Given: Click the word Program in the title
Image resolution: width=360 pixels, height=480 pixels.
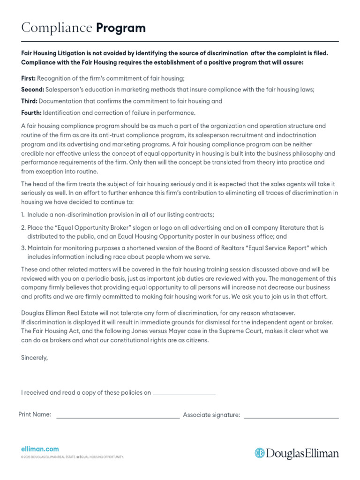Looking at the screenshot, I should click(x=121, y=28).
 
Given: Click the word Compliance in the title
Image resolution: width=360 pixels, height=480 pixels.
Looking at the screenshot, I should click(x=57, y=28).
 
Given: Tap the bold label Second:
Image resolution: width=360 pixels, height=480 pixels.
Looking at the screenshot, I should click(x=32, y=89).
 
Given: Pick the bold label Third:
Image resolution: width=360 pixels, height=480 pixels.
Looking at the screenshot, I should click(x=29, y=101).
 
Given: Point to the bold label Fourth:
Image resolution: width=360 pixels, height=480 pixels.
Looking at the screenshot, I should click(x=31, y=112).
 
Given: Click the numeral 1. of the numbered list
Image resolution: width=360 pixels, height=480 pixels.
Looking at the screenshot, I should click(x=23, y=214).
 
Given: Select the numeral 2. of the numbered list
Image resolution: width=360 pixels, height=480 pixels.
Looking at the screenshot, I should click(x=23, y=228).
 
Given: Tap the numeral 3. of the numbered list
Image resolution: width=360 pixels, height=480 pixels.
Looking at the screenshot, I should click(x=23, y=248).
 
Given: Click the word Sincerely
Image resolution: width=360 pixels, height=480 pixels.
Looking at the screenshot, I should click(x=35, y=358).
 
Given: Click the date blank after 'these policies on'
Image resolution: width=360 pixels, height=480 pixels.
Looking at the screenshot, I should click(x=184, y=393).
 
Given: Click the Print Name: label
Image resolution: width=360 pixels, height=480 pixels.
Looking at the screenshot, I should click(x=35, y=414).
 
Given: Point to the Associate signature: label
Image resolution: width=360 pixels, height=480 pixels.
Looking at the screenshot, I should click(x=211, y=415).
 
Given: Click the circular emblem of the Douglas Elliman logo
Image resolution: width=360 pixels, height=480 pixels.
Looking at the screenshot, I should click(x=260, y=453).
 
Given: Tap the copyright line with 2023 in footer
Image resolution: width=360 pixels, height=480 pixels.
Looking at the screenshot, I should click(x=72, y=457).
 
